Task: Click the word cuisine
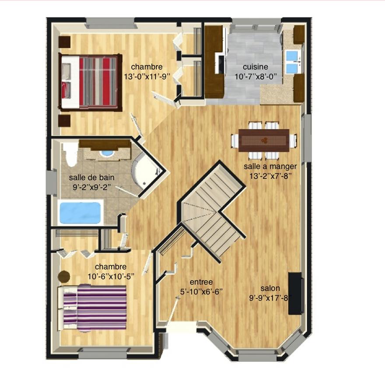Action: pyautogui.click(x=255, y=67)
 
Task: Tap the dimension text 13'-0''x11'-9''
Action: pyautogui.click(x=147, y=77)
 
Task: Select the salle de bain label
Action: pyautogui.click(x=91, y=177)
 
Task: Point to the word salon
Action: pyautogui.click(x=270, y=288)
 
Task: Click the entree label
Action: pyautogui.click(x=201, y=282)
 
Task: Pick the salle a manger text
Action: pyautogui.click(x=270, y=167)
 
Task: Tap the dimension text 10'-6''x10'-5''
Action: pyautogui.click(x=111, y=276)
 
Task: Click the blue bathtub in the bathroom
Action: pyautogui.click(x=80, y=213)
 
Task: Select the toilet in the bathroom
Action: pyautogui.click(x=70, y=154)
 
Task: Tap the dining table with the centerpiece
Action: pyautogui.click(x=264, y=140)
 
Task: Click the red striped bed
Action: pyautogui.click(x=90, y=82)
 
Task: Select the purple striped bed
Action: pyautogui.click(x=92, y=308)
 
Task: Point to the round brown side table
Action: pyautogui.click(x=64, y=276)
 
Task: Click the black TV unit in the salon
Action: pyautogui.click(x=295, y=293)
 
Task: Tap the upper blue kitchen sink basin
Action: pyautogui.click(x=292, y=56)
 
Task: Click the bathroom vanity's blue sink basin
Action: pyautogui.click(x=108, y=153)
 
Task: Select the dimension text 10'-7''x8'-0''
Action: pyautogui.click(x=255, y=77)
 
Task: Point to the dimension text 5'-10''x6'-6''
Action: pyautogui.click(x=201, y=292)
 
